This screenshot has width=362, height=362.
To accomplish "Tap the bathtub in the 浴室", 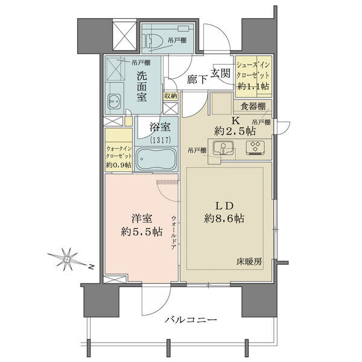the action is click(156, 159).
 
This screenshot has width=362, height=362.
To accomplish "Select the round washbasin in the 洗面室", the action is click(114, 101).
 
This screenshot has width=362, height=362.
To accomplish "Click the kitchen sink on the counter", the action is click(223, 147).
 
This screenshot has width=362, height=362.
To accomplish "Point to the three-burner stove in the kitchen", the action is click(255, 147).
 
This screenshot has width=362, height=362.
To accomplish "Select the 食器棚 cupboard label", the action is click(253, 106).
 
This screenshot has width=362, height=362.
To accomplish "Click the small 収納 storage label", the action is click(171, 96).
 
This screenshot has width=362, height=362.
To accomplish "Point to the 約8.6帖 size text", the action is click(224, 218).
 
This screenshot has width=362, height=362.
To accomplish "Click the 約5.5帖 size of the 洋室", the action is click(141, 232).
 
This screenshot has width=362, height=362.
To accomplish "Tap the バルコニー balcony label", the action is click(191, 320).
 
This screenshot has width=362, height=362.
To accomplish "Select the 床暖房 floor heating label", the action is click(249, 262).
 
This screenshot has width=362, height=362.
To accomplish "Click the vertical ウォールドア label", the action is click(174, 233).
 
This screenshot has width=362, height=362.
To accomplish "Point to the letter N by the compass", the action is click(92, 267).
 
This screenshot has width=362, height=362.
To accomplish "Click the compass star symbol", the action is click(66, 259).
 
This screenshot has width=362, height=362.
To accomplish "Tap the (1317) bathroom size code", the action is click(160, 140).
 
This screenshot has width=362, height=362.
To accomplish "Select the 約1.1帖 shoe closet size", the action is click(253, 86).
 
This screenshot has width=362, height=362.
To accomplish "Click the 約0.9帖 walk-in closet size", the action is click(119, 165).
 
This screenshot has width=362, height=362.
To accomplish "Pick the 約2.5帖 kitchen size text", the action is click(235, 132).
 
